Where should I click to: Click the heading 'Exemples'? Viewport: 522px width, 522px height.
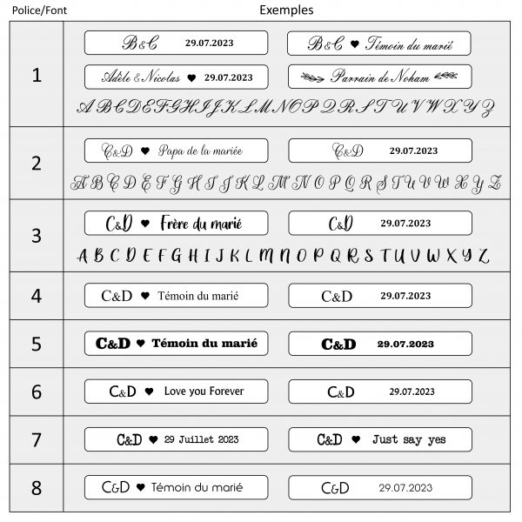286,10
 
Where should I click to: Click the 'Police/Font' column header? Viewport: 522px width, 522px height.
32,10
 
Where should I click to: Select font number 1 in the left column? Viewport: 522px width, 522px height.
36,75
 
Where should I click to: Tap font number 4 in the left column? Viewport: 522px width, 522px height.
36,296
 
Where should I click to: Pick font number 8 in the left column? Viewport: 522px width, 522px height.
36,487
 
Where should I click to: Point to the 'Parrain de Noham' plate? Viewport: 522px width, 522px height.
379,77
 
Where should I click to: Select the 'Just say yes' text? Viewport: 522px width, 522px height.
409,439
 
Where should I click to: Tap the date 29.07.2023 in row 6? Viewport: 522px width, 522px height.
409,391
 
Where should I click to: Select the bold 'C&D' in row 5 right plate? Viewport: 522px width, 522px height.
338,345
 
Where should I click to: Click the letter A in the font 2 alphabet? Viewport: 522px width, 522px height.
80,183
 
